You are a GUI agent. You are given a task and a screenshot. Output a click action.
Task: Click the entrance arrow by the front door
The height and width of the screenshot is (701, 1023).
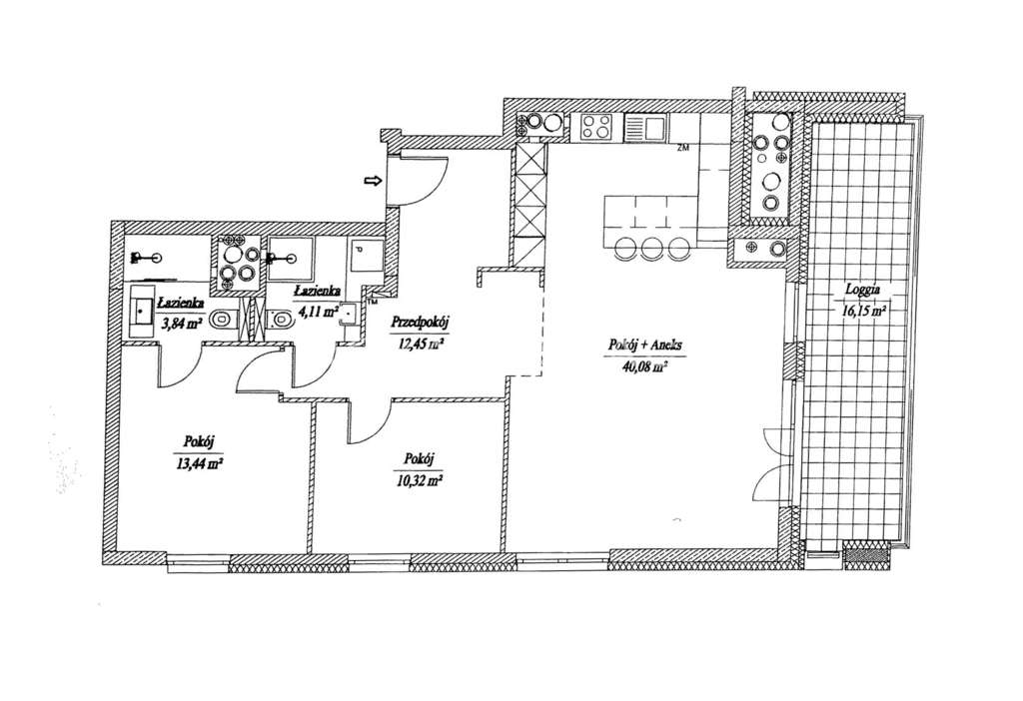[x=372, y=181]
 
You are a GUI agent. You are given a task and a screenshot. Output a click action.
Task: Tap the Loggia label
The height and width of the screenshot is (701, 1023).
[x=861, y=293]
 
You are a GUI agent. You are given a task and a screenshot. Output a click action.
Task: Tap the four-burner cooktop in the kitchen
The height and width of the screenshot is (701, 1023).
[x=596, y=127]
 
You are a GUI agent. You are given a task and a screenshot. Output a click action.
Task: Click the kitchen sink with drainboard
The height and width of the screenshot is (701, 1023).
[x=644, y=127]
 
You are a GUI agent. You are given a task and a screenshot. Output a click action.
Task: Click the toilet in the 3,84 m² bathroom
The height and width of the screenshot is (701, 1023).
[x=225, y=320]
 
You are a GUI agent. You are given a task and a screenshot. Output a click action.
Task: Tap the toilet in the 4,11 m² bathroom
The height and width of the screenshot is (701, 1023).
[x=283, y=320]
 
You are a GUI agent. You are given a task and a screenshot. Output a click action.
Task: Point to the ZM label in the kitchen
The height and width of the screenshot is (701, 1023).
[x=683, y=149]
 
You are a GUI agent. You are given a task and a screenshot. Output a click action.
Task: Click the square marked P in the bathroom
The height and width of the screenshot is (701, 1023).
[x=361, y=257]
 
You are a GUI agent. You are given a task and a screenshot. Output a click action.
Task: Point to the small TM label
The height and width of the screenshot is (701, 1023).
[x=372, y=299]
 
